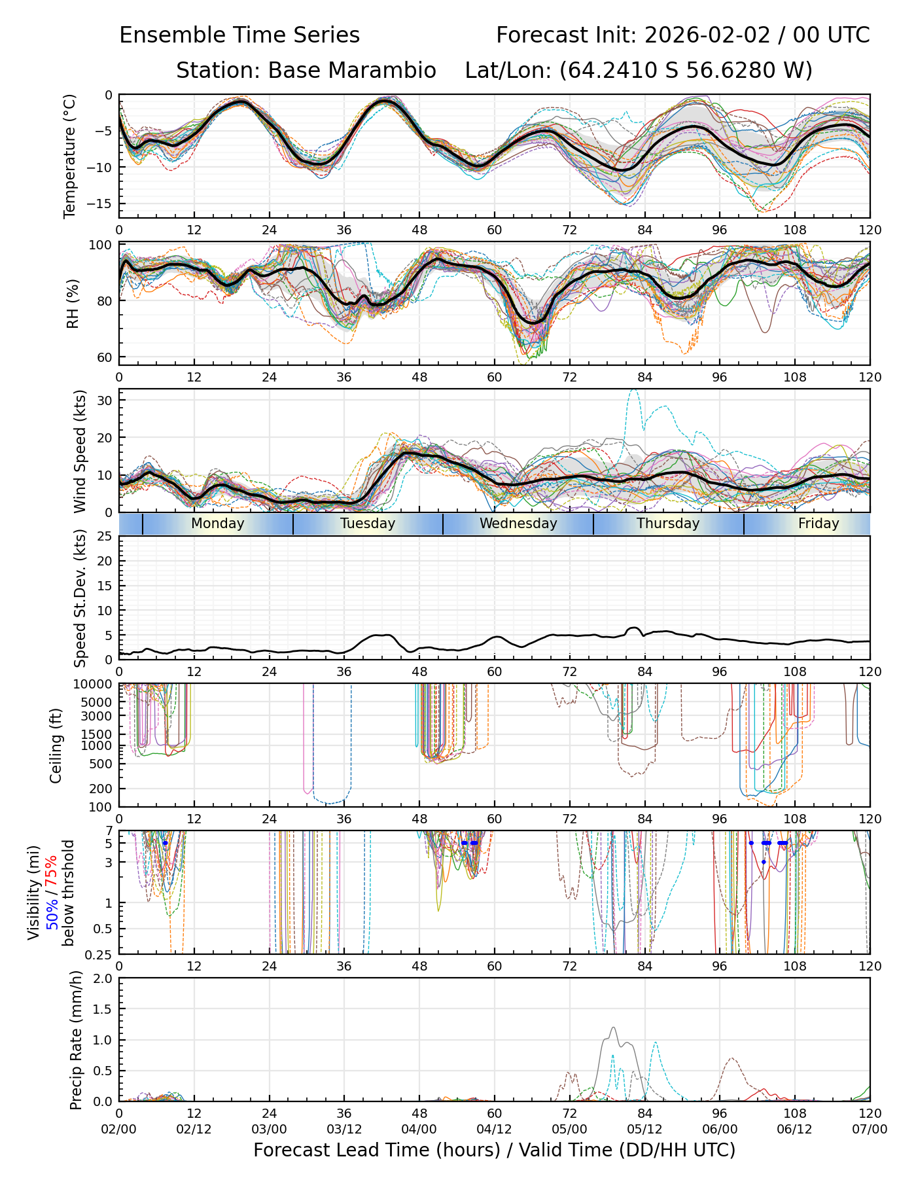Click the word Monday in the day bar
218,524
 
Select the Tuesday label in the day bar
368,524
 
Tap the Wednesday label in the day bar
518,524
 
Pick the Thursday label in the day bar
668,524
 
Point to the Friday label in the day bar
819,524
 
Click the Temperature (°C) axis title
70,156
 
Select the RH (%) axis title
73,303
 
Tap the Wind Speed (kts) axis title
80,451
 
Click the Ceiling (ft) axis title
56,745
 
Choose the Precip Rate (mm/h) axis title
77,1040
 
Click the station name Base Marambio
352,70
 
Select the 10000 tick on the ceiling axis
94,685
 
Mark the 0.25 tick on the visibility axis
100,954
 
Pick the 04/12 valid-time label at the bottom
494,1129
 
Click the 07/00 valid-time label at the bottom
870,1129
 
